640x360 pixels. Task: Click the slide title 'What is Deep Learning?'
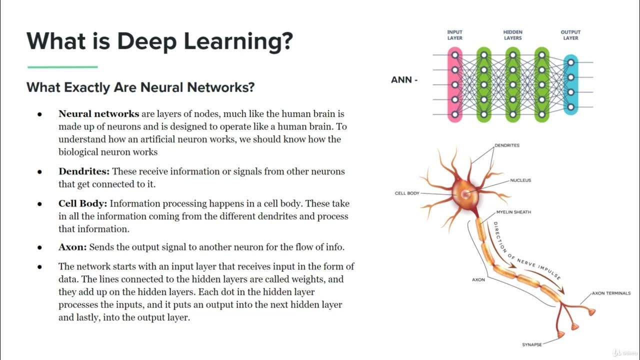(159, 41)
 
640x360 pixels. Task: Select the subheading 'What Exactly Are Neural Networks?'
(140, 87)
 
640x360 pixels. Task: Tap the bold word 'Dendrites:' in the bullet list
(84, 171)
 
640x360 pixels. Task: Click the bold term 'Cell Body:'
(82, 203)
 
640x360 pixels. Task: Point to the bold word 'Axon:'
(72, 247)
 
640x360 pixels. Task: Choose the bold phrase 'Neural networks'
(98, 114)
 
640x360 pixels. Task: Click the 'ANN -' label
(404, 79)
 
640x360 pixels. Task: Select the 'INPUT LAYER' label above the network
(455, 35)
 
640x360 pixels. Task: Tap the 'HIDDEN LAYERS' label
(512, 35)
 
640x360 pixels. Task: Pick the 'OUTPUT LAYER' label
(570, 35)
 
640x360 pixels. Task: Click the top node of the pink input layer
(455, 55)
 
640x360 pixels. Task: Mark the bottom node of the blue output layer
(570, 107)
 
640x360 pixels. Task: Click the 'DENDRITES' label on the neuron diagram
(507, 145)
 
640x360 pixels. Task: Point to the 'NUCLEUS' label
(520, 180)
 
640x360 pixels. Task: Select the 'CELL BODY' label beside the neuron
(407, 193)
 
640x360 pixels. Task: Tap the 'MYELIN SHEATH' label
(513, 212)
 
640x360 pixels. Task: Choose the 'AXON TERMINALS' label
(611, 293)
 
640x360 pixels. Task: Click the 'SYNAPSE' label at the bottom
(531, 344)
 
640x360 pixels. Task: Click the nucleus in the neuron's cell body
(465, 193)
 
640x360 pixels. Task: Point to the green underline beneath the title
(62, 66)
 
